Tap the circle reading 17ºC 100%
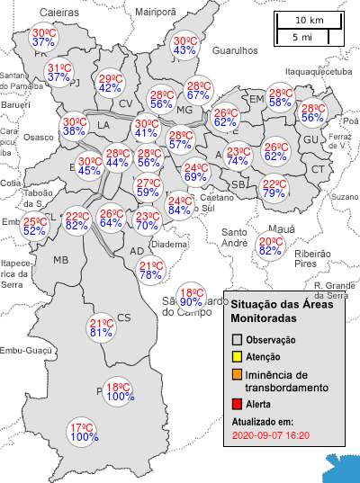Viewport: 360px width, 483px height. click(x=84, y=432)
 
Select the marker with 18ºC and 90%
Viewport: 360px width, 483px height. click(x=191, y=297)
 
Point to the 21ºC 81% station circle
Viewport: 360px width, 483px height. click(x=101, y=327)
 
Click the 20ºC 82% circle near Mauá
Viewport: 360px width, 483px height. click(x=270, y=246)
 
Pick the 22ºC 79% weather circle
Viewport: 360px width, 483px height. click(x=274, y=188)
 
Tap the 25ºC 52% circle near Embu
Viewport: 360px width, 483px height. click(x=34, y=226)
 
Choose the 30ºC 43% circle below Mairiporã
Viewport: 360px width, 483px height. click(x=184, y=45)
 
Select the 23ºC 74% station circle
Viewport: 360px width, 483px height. click(x=238, y=156)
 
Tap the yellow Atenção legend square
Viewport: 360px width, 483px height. click(x=238, y=357)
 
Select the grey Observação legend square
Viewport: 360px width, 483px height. click(x=238, y=340)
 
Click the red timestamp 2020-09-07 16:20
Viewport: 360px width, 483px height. click(x=271, y=434)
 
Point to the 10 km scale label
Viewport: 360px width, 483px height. click(x=309, y=20)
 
